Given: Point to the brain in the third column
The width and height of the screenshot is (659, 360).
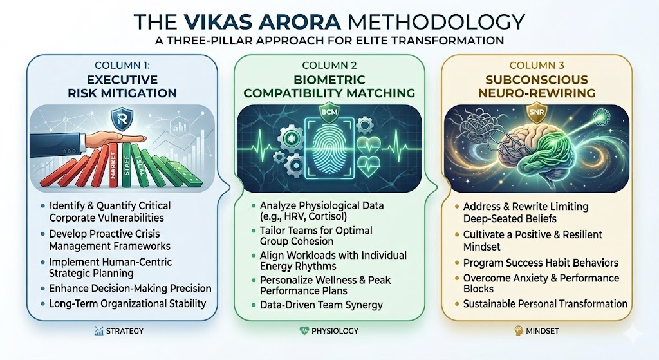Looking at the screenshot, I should click(541, 154).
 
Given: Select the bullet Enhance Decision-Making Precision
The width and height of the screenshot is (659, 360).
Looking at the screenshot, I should click(129, 289).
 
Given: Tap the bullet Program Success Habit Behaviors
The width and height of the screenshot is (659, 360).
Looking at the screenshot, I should click(541, 263).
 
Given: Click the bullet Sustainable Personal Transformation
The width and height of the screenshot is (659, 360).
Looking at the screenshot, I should click(545, 303).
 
